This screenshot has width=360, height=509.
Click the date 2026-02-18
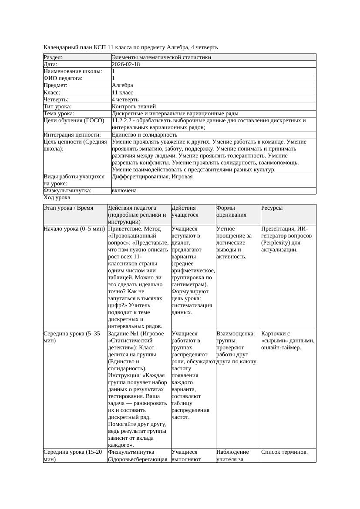tap(126, 64)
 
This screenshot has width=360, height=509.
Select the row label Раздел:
tap(53, 57)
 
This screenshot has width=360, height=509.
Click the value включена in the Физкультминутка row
tap(124, 191)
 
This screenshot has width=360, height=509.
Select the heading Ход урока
tap(57, 198)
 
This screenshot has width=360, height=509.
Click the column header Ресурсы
tap(272, 208)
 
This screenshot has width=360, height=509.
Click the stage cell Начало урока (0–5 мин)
tap(74, 229)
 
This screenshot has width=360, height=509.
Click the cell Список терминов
tap(285, 452)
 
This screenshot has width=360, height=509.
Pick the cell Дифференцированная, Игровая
tap(152, 177)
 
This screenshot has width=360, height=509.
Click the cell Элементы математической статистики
tap(161, 57)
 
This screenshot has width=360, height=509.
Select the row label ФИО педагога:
tap(63, 78)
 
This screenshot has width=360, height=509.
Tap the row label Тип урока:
tap(57, 107)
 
